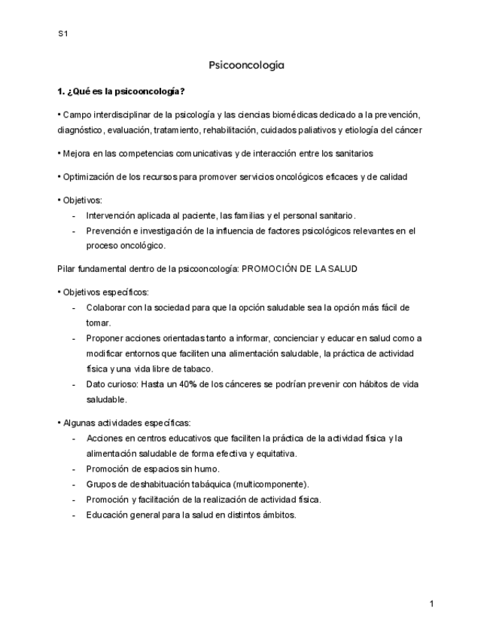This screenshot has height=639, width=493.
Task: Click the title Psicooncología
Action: (246, 66)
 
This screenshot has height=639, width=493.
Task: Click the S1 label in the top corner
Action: (62, 34)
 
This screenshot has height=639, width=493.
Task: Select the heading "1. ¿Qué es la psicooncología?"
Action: (121, 91)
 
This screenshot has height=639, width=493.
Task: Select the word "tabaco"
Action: (198, 369)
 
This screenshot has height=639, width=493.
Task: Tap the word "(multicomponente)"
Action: (271, 484)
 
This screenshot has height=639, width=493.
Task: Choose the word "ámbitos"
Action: (278, 515)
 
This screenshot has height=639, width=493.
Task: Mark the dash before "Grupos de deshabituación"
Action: (74, 484)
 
